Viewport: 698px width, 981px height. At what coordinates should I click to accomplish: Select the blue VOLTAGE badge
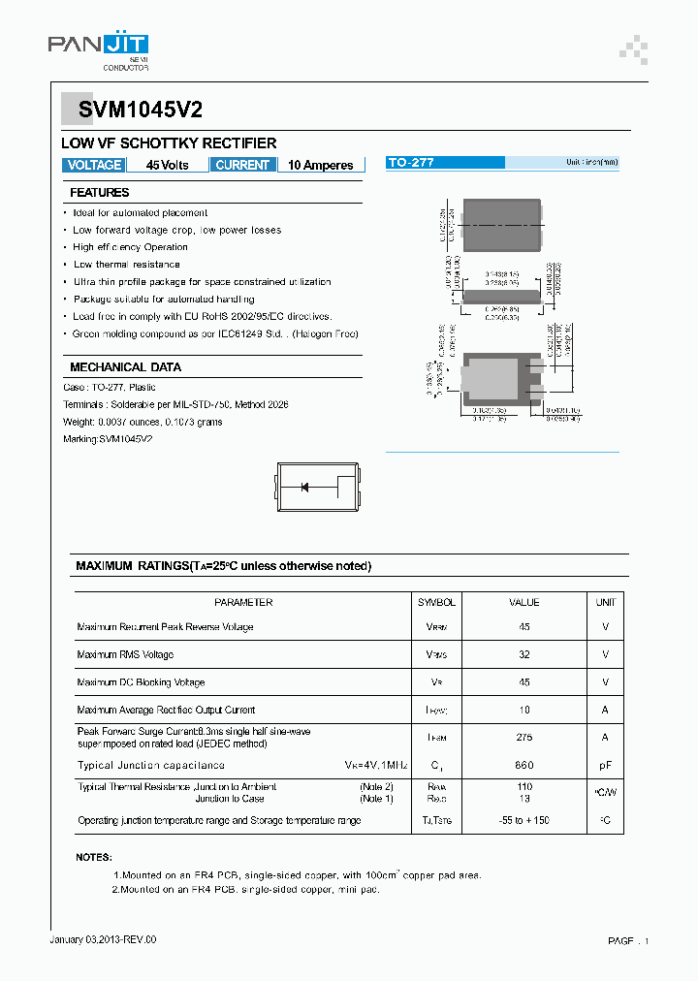tap(94, 165)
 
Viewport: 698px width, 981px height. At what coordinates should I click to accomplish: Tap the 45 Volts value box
tap(167, 165)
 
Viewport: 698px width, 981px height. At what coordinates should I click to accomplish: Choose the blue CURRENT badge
tap(242, 165)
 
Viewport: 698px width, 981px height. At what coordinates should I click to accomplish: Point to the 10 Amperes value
tap(320, 165)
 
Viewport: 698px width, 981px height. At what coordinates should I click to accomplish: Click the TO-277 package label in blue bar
tap(411, 163)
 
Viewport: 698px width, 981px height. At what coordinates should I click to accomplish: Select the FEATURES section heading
tap(100, 193)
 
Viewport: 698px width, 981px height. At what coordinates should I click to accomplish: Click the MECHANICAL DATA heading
tap(125, 367)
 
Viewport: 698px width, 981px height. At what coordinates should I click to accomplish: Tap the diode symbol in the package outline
tap(304, 487)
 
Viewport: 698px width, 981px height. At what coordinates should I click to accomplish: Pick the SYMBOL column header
tap(436, 602)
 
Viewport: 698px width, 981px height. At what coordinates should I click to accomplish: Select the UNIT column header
tap(606, 602)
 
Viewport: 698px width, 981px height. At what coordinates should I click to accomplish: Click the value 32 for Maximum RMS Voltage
tap(524, 654)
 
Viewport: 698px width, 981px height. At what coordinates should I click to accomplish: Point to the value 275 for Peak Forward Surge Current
tap(524, 737)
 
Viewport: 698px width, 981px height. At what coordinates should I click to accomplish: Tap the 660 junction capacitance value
tap(524, 765)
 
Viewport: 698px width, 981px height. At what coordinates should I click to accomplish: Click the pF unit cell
tap(606, 765)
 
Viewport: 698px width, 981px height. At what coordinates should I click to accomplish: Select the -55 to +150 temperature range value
tap(524, 820)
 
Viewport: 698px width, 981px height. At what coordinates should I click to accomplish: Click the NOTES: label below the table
tap(94, 857)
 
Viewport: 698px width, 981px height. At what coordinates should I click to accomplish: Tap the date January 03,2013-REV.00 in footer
tap(103, 939)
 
